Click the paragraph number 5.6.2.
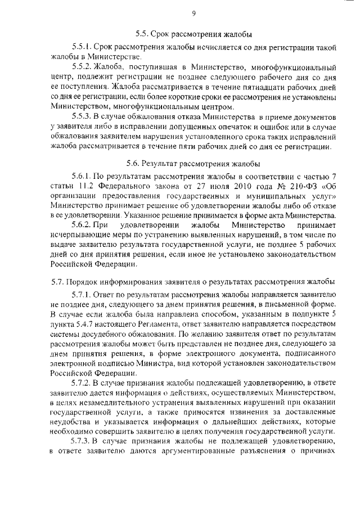tap(82, 226)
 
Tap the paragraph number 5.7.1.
tap(82, 294)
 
